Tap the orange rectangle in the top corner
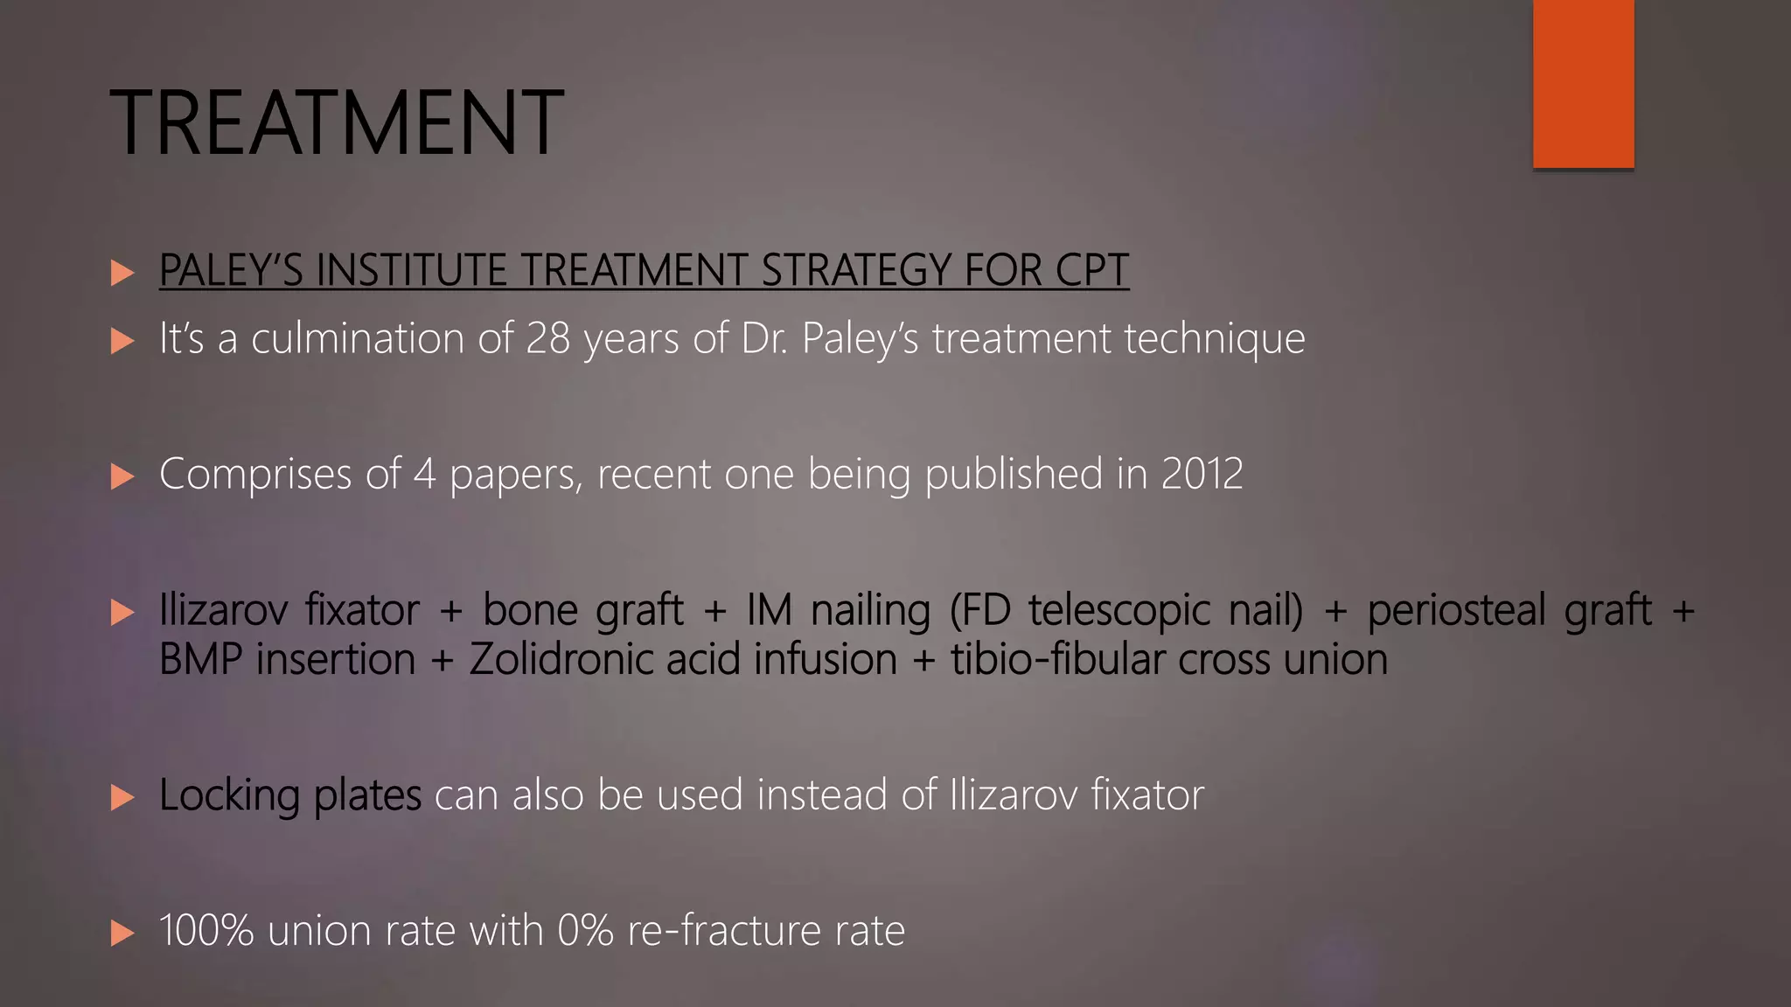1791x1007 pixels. [x=1583, y=83]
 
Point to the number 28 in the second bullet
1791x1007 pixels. [x=548, y=337]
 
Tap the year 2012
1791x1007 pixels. [x=1202, y=474]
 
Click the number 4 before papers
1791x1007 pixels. [x=424, y=474]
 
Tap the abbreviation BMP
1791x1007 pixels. [x=200, y=658]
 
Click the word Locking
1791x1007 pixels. [x=229, y=795]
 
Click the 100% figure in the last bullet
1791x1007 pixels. [x=206, y=930]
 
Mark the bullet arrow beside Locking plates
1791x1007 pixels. [x=122, y=797]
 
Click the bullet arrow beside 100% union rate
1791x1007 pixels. [x=122, y=933]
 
